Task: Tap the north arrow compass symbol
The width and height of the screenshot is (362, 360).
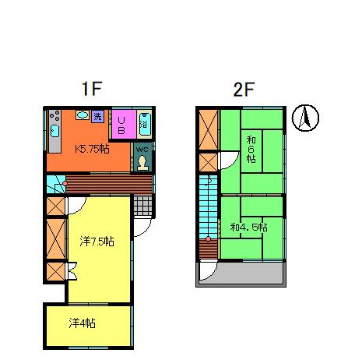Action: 306,118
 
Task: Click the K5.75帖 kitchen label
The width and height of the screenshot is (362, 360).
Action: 91,148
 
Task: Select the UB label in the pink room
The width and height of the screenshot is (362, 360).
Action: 123,124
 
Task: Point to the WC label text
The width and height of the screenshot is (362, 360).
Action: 142,149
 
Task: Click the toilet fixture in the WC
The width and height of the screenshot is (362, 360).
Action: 142,162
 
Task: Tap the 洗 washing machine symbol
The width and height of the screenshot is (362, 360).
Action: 98,117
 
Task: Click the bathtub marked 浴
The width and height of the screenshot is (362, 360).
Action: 145,123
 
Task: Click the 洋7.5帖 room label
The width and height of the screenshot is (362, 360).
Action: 97,242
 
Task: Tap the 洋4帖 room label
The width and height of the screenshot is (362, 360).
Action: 82,323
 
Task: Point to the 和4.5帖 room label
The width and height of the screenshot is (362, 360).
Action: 249,228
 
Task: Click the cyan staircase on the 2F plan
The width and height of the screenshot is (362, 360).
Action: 209,206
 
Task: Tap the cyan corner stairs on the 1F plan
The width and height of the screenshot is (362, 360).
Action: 54,185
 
